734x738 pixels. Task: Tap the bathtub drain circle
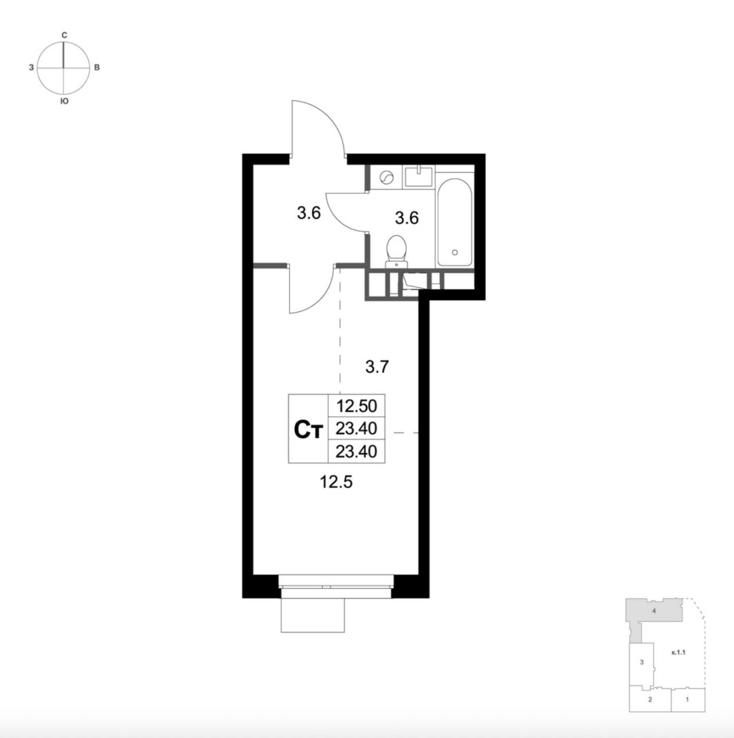pyautogui.click(x=455, y=252)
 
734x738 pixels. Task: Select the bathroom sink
pyautogui.click(x=419, y=176)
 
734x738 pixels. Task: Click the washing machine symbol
pyautogui.click(x=386, y=178)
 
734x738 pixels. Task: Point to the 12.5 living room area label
pyautogui.click(x=336, y=483)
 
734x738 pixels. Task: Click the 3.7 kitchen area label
pyautogui.click(x=377, y=367)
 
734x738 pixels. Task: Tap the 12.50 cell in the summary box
pyautogui.click(x=356, y=406)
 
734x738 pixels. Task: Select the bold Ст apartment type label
pyautogui.click(x=307, y=429)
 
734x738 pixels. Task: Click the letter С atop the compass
pyautogui.click(x=64, y=35)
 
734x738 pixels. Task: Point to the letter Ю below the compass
pyautogui.click(x=64, y=101)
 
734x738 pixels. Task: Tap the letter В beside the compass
pyautogui.click(x=97, y=68)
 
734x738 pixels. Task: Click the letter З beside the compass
pyautogui.click(x=32, y=68)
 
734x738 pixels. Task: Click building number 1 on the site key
pyautogui.click(x=687, y=710)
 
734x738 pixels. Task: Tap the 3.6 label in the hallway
pyautogui.click(x=309, y=213)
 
